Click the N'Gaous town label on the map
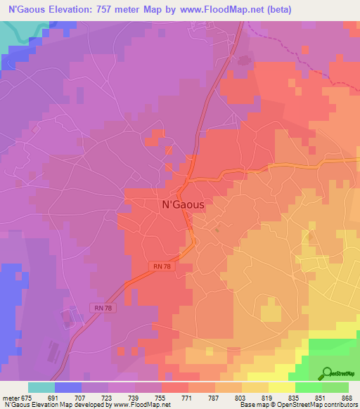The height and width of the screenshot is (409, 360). point(183,204)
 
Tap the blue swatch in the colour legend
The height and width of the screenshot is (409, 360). point(67,387)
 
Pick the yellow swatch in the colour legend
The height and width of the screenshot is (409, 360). point(282,387)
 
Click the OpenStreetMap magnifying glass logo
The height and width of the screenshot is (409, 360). point(327,373)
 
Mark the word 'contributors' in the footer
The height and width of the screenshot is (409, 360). point(339,405)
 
